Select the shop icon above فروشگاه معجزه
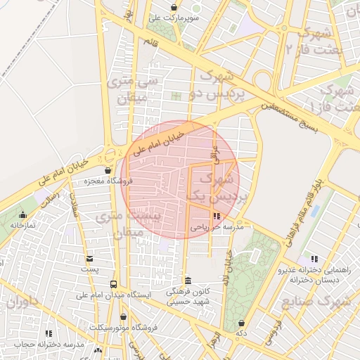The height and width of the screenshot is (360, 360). (x=108, y=170)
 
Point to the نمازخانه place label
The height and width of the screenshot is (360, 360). (x=23, y=225)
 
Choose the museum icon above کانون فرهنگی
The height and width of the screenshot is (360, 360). (x=187, y=281)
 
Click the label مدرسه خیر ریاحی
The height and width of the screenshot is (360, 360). (x=217, y=228)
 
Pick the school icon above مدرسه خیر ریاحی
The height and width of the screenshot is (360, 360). (x=216, y=217)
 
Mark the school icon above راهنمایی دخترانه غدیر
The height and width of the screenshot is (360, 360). (x=313, y=259)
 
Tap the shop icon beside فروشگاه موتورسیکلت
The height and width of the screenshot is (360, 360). (x=123, y=317)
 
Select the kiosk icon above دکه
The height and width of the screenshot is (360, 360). (x=242, y=321)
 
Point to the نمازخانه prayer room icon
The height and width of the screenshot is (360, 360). (x=23, y=215)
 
